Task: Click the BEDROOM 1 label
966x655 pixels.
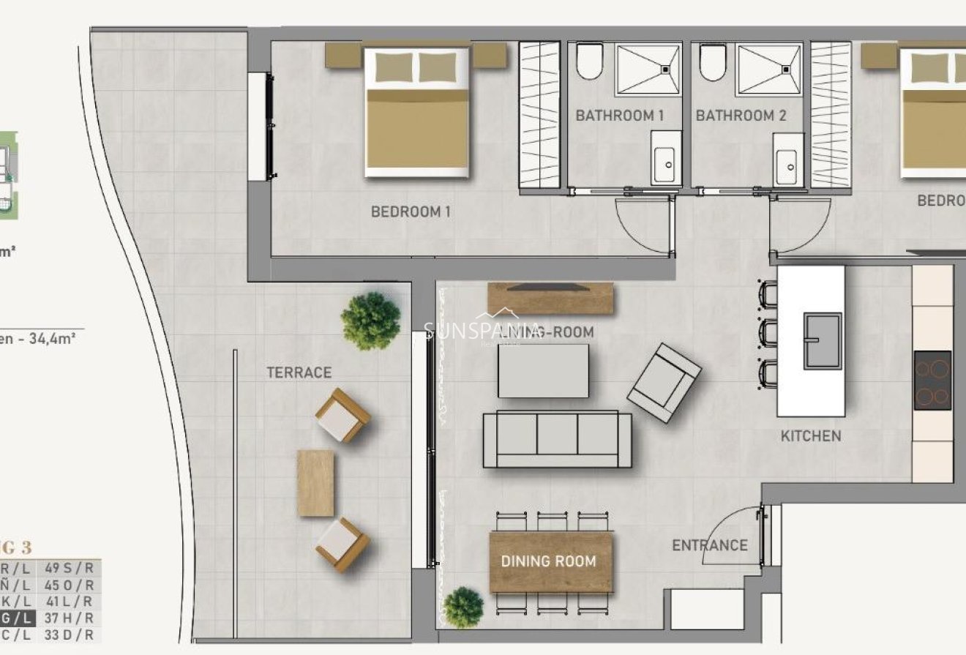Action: pyautogui.click(x=410, y=212)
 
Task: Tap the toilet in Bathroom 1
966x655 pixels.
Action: pyautogui.click(x=588, y=62)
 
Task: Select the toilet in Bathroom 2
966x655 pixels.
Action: pyautogui.click(x=711, y=62)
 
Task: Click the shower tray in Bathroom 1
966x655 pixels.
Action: pyautogui.click(x=648, y=69)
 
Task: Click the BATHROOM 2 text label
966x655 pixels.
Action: pyautogui.click(x=741, y=116)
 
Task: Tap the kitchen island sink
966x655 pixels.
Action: pyautogui.click(x=823, y=341)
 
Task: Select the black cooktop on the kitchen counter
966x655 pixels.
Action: pyautogui.click(x=932, y=380)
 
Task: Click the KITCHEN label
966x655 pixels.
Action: pyautogui.click(x=811, y=436)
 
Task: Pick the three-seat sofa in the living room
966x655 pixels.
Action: pyautogui.click(x=557, y=438)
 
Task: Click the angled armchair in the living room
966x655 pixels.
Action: pyautogui.click(x=664, y=383)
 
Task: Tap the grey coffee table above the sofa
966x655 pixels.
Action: pyautogui.click(x=543, y=370)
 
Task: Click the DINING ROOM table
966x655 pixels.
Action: pyautogui.click(x=550, y=561)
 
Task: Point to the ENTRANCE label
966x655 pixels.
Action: pyautogui.click(x=709, y=545)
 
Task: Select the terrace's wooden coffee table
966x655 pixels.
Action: pyautogui.click(x=315, y=483)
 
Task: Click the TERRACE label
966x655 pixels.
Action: pyautogui.click(x=299, y=373)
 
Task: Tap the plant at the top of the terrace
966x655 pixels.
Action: pyautogui.click(x=371, y=321)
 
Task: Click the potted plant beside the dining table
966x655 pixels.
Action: pyautogui.click(x=463, y=607)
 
